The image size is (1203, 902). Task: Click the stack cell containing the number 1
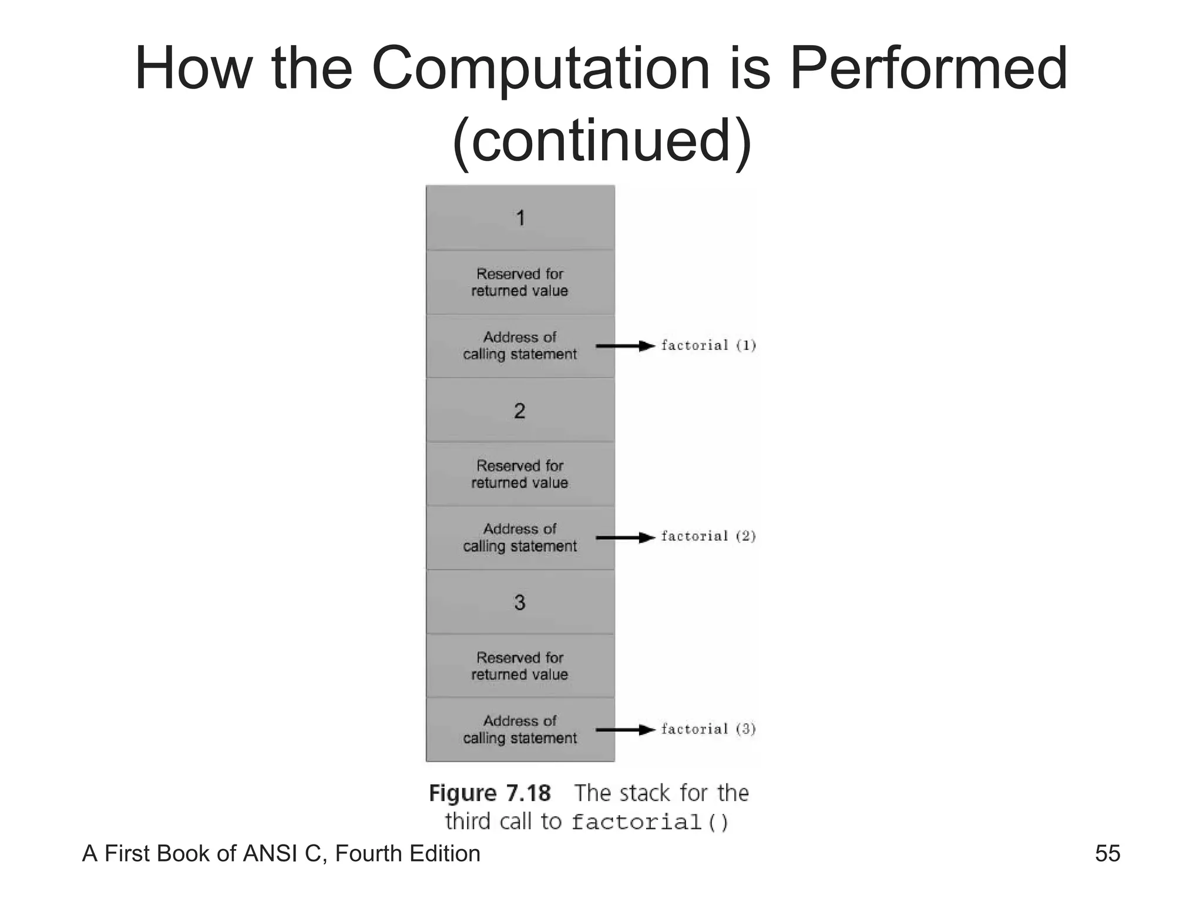520,218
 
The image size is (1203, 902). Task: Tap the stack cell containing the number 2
520,410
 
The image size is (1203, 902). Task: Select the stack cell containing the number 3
520,602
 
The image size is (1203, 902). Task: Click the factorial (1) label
708,345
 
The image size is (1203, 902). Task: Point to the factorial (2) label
708,536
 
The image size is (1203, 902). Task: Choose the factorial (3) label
708,729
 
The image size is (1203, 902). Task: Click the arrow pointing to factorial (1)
625,346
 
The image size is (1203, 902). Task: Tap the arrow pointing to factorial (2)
625,537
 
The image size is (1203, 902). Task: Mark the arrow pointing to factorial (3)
625,730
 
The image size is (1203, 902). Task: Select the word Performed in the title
928,69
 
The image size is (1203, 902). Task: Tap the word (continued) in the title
601,141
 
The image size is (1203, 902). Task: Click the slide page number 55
1107,853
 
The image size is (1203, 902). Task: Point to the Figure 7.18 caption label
490,793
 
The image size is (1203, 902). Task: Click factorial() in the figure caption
650,822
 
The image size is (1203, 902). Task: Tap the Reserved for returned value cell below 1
520,282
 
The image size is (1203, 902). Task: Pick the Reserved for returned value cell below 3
520,666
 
